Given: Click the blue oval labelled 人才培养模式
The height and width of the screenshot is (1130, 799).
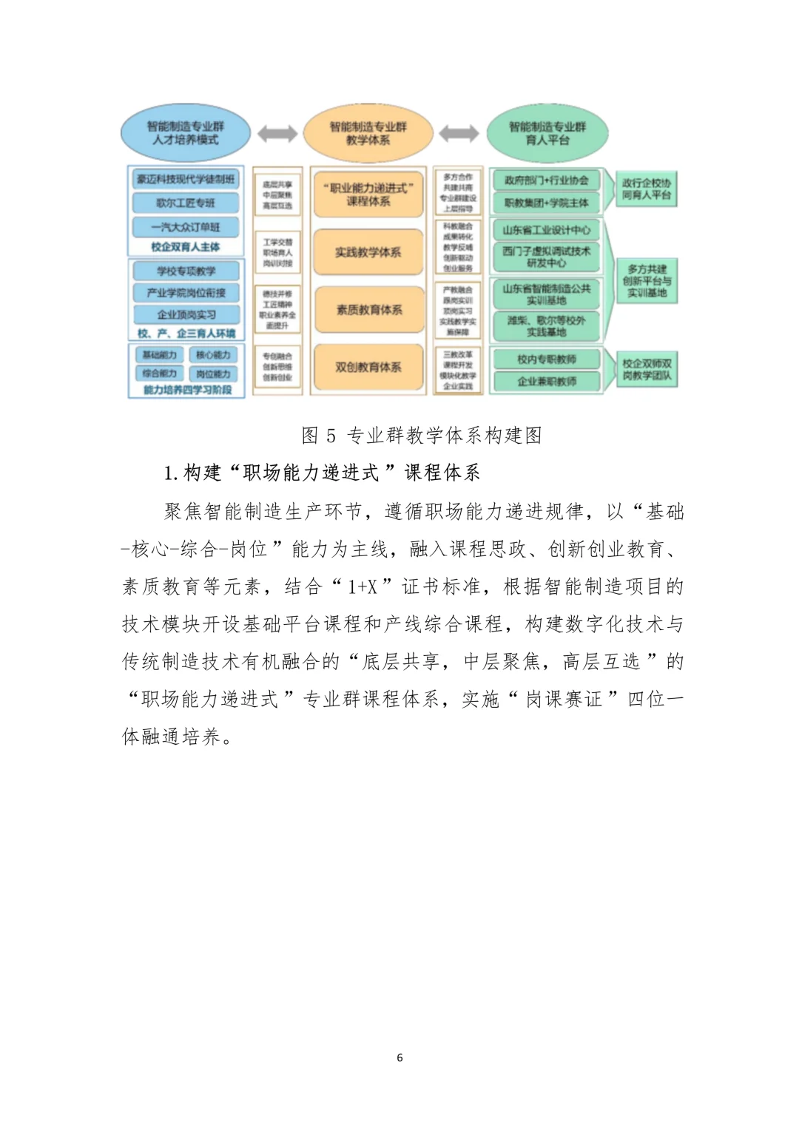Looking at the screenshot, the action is [185, 133].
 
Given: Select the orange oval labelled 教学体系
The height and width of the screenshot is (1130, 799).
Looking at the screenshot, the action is [368, 133].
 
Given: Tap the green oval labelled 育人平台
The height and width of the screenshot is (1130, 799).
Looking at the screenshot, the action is [547, 133].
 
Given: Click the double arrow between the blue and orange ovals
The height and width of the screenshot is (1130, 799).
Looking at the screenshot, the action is [277, 134].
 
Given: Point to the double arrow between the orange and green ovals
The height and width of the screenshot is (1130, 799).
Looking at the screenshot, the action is [459, 134].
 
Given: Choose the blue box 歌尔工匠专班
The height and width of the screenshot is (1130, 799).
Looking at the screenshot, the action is [186, 203].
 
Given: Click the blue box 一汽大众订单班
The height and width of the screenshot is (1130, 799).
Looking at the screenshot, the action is [186, 226].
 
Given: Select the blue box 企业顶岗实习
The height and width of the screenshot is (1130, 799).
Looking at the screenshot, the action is [186, 314].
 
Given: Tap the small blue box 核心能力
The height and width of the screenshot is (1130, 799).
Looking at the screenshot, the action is [213, 355].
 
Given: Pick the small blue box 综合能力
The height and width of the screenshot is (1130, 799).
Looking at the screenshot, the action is [159, 373].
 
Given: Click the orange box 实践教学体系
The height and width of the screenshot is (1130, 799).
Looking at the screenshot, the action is [368, 252].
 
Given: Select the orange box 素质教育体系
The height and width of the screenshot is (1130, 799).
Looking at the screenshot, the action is [368, 309].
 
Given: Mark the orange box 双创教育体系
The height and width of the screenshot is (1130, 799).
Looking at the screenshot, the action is [368, 367].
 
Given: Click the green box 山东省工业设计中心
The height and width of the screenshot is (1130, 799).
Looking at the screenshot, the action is [547, 230].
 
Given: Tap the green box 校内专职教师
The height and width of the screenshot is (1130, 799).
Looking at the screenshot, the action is [547, 359].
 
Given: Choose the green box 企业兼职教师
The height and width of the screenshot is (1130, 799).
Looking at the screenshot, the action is [547, 382].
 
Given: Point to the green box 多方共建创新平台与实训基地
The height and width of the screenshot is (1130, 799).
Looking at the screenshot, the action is [647, 281].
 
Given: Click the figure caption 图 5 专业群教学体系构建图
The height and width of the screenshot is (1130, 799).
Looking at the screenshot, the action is [422, 435].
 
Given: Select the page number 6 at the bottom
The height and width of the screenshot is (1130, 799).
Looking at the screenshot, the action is [399, 1058].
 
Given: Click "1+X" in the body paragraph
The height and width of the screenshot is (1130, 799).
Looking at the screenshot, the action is [363, 587].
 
